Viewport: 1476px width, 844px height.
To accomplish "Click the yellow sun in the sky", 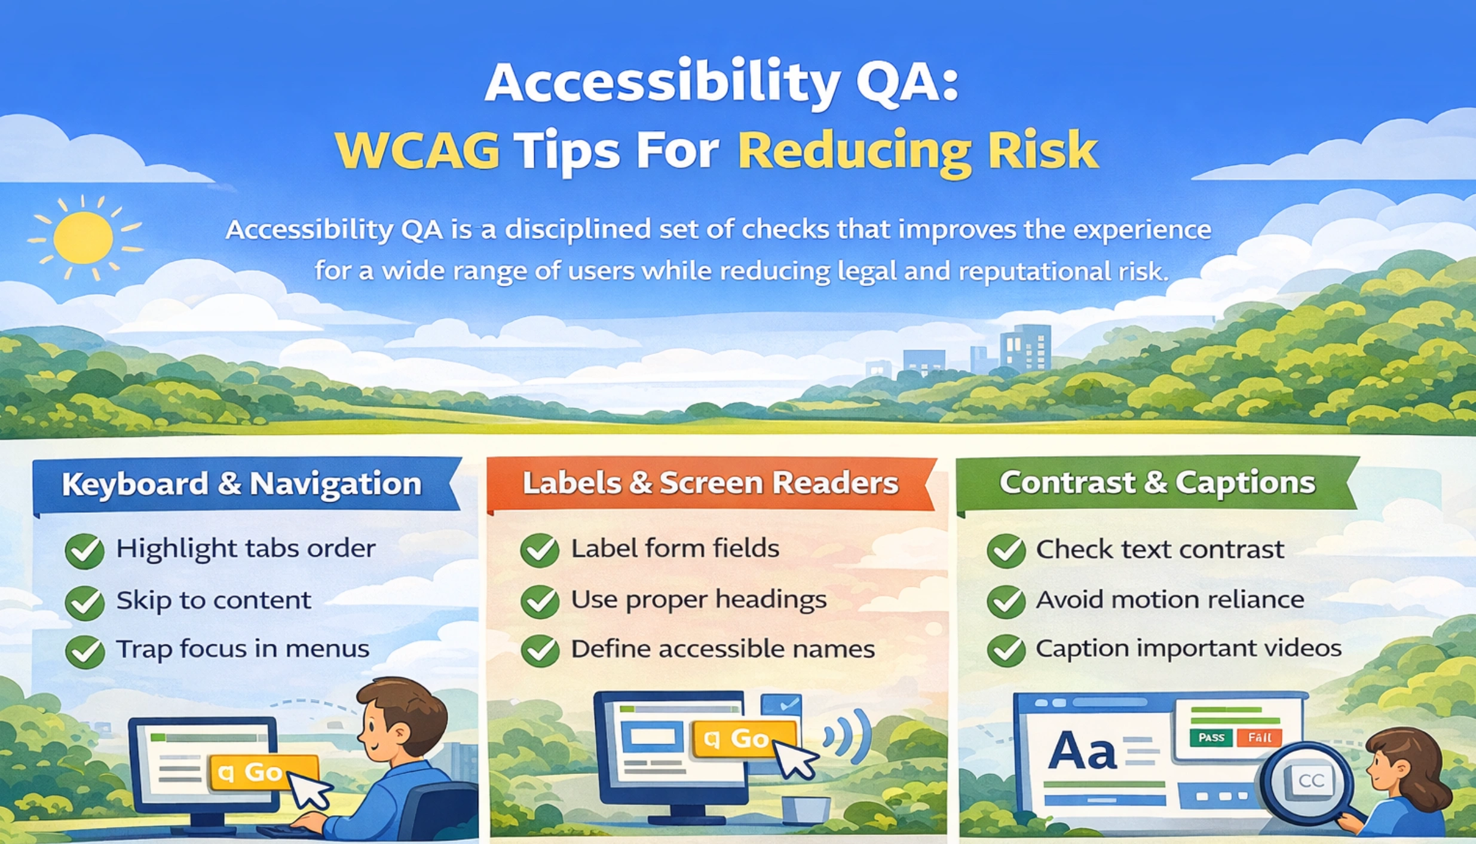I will pyautogui.click(x=83, y=238).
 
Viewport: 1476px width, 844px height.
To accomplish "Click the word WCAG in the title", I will pyautogui.click(x=417, y=150).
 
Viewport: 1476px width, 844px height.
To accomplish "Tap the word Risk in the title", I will pyautogui.click(x=1042, y=150).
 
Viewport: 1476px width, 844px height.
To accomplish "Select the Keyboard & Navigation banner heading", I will pyautogui.click(x=242, y=484).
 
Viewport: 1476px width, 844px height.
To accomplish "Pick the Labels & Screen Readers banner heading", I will pyautogui.click(x=710, y=483).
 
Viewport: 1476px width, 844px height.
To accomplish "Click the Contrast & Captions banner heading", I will pyautogui.click(x=1157, y=482).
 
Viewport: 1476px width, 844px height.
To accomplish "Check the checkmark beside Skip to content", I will pyautogui.click(x=85, y=602).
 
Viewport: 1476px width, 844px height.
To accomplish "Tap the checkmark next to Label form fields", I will pyautogui.click(x=540, y=550).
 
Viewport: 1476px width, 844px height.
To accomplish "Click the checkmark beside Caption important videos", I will pyautogui.click(x=1006, y=650).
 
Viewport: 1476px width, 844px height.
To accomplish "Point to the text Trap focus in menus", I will pyautogui.click(x=242, y=649).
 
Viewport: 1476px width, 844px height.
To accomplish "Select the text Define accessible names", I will pyautogui.click(x=722, y=649).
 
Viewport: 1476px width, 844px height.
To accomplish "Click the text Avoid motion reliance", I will pyautogui.click(x=1169, y=600).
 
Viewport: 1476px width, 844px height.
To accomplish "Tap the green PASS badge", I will pyautogui.click(x=1211, y=738).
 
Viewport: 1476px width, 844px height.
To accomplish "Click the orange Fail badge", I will pyautogui.click(x=1259, y=738).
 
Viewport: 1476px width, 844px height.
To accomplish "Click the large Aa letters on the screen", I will pyautogui.click(x=1082, y=751).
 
